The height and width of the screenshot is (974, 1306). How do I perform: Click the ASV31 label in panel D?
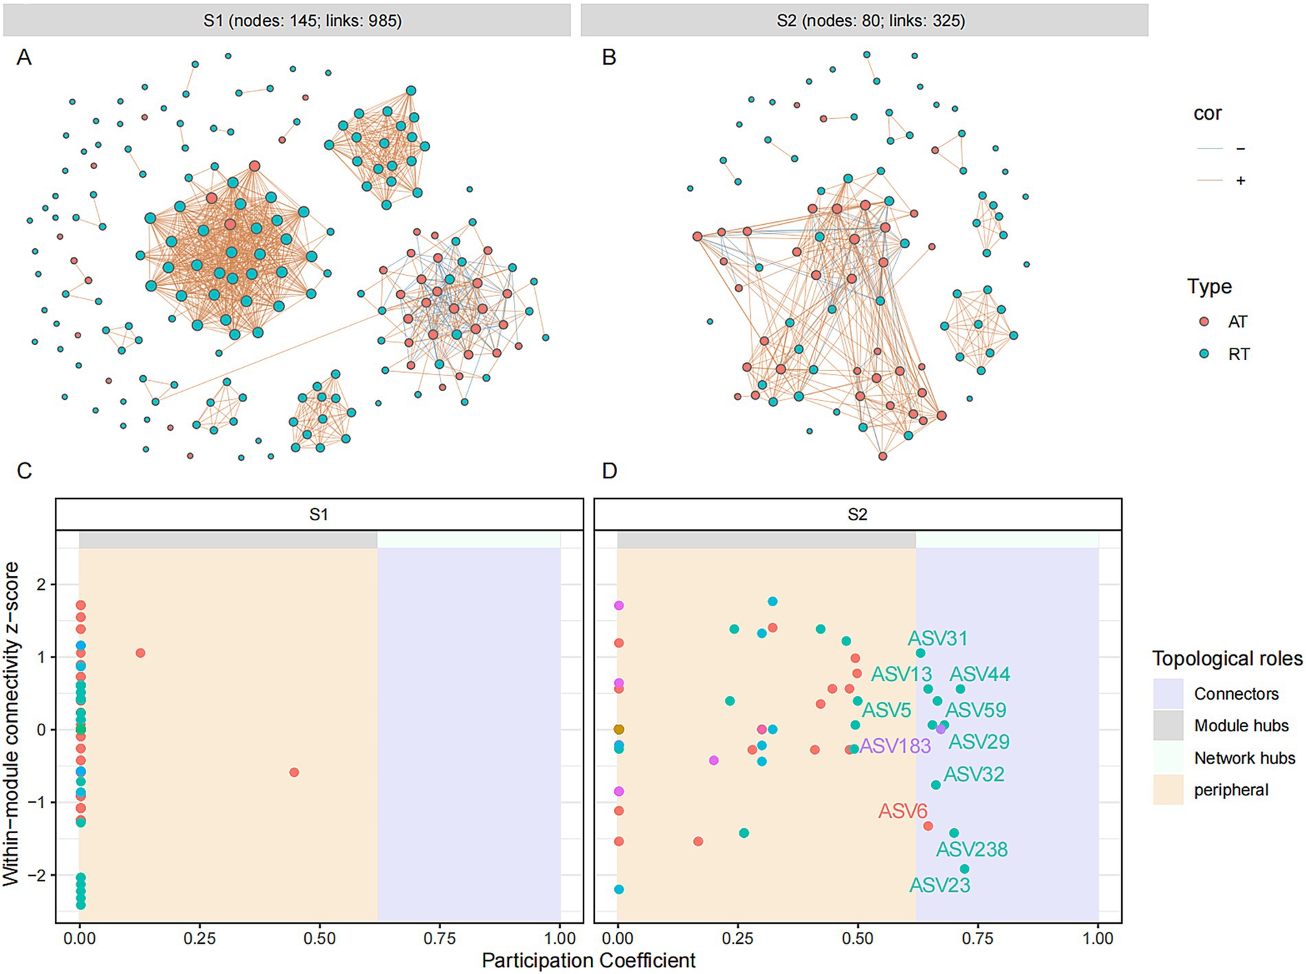pyautogui.click(x=937, y=638)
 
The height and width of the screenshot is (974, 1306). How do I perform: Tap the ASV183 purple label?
pyautogui.click(x=894, y=746)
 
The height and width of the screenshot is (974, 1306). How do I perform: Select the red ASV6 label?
pyautogui.click(x=903, y=811)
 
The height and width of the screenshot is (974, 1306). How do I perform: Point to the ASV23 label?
pyautogui.click(x=939, y=885)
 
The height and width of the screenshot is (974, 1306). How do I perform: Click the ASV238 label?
pyautogui.click(x=971, y=850)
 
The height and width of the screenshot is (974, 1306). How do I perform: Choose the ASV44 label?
pyautogui.click(x=980, y=674)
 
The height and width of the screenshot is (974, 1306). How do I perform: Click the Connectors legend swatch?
pyautogui.click(x=1168, y=694)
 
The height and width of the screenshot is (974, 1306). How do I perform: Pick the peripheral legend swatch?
pyautogui.click(x=1168, y=790)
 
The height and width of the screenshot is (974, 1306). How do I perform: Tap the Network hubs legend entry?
pyautogui.click(x=1244, y=758)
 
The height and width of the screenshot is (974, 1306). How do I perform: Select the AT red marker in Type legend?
pyautogui.click(x=1204, y=322)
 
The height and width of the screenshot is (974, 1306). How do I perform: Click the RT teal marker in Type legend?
pyautogui.click(x=1204, y=354)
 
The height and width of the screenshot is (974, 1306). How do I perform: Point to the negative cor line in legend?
pyautogui.click(x=1210, y=148)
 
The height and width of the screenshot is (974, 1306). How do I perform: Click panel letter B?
pyautogui.click(x=609, y=57)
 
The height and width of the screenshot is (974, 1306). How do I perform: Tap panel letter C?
pyautogui.click(x=24, y=471)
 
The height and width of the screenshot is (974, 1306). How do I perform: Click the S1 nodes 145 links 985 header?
pyautogui.click(x=302, y=21)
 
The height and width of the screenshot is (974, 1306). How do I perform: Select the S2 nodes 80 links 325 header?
pyautogui.click(x=870, y=21)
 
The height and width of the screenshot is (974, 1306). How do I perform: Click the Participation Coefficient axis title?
pyautogui.click(x=588, y=960)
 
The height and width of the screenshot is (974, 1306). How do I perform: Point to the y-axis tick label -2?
pyautogui.click(x=41, y=876)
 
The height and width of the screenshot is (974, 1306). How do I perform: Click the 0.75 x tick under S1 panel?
pyautogui.click(x=440, y=938)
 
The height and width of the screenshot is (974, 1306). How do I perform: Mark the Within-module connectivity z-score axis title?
pyautogui.click(x=11, y=724)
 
